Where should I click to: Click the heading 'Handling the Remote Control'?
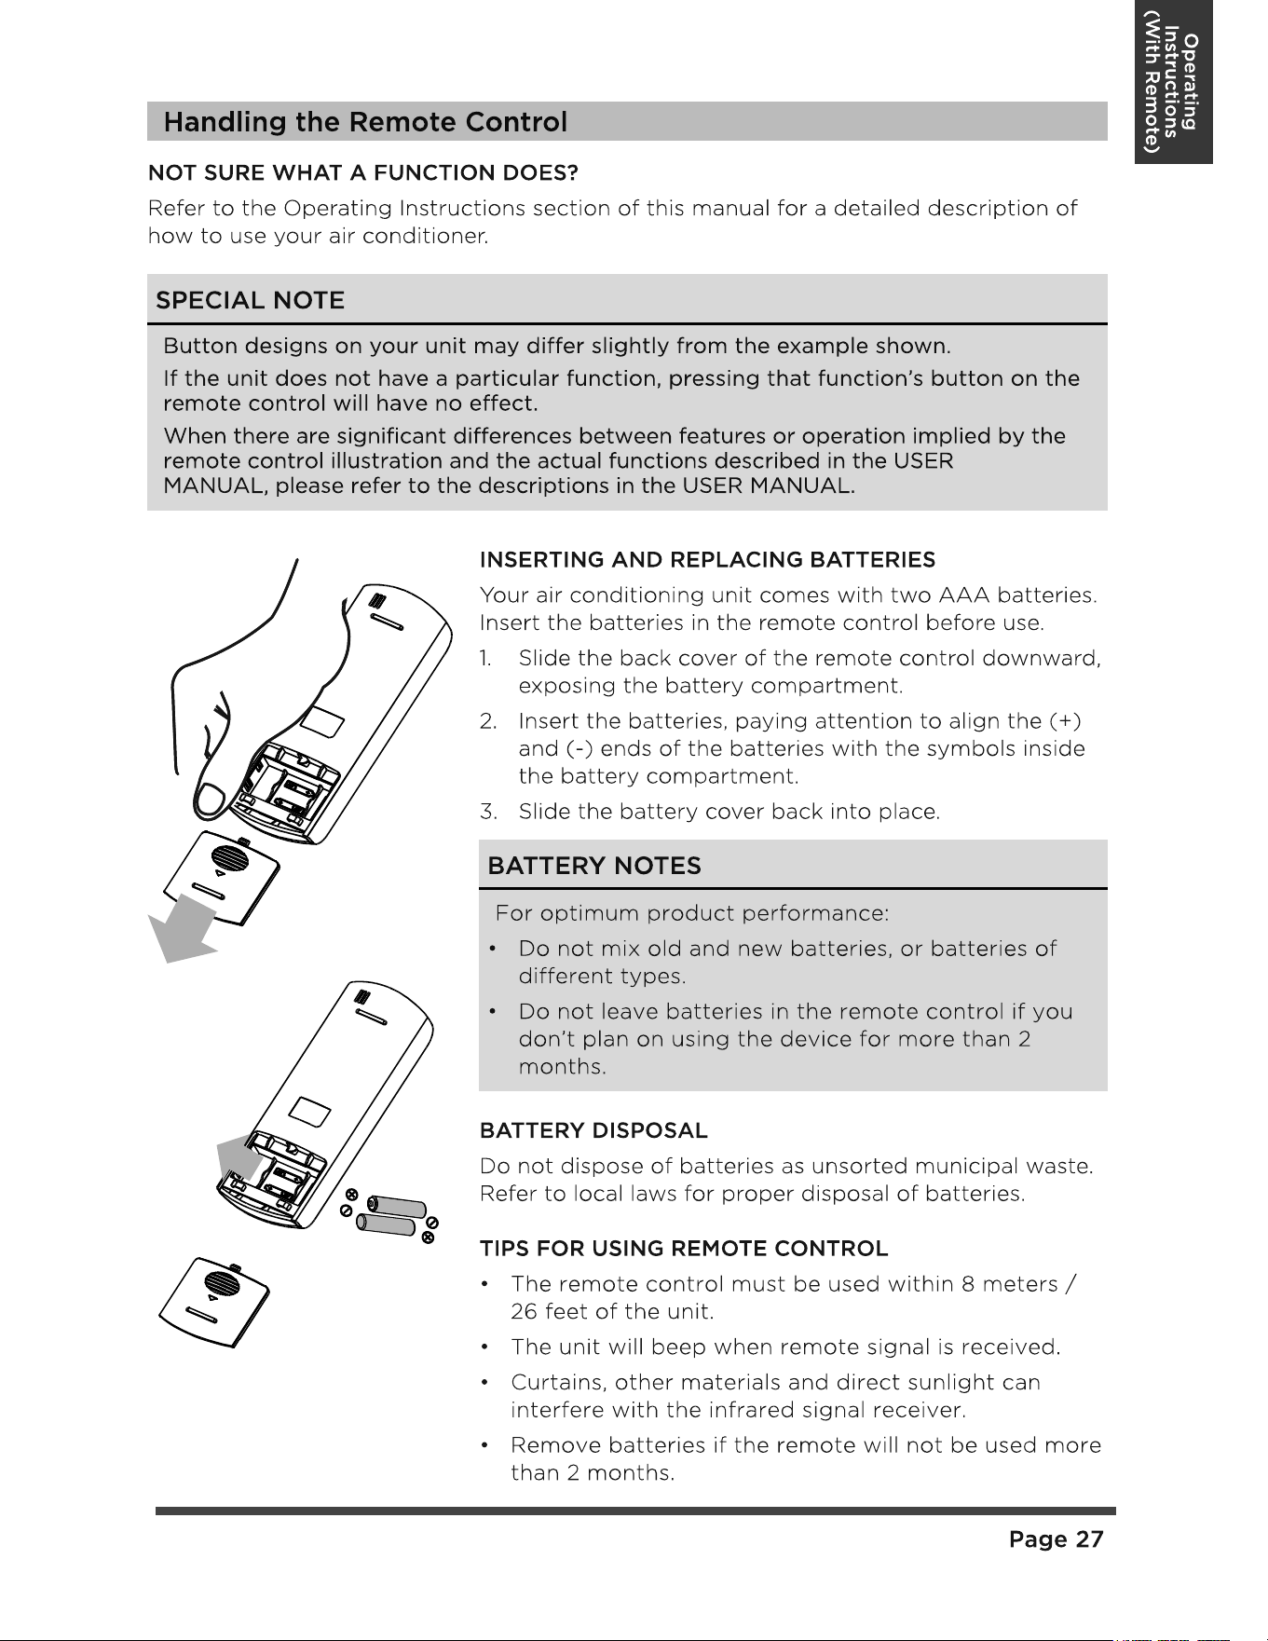coord(365,122)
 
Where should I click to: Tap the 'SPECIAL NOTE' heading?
coord(250,300)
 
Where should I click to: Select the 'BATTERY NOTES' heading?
coord(594,866)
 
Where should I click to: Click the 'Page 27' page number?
coord(1056,1539)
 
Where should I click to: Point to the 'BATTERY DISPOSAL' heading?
coord(593,1130)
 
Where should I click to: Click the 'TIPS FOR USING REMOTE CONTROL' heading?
coord(684,1248)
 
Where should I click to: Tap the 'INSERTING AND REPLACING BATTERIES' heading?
coord(707,559)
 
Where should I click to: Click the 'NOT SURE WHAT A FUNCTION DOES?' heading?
coord(363,172)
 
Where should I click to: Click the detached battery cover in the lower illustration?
coord(215,1302)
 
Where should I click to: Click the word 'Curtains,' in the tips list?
coord(558,1382)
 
